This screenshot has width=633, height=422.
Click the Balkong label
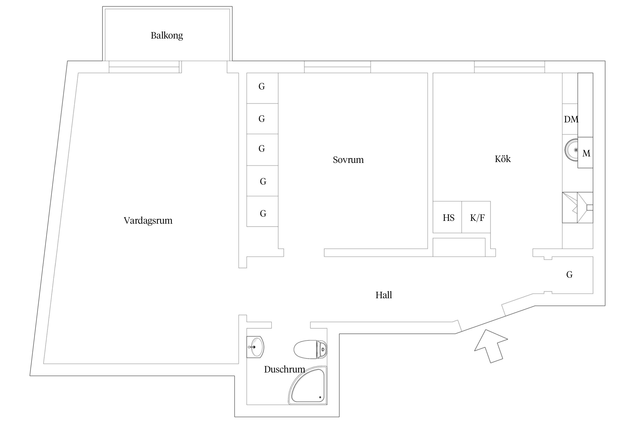click(167, 35)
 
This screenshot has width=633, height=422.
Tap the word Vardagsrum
click(148, 220)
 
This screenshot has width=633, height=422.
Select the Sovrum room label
click(348, 160)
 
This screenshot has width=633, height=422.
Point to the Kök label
click(502, 159)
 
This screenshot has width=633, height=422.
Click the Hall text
click(383, 295)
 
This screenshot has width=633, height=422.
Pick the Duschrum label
click(284, 369)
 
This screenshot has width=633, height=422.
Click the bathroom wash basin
click(255, 347)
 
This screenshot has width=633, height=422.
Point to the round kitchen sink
click(571, 150)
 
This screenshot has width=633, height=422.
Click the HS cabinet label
click(448, 218)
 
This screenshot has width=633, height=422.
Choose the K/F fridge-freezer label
click(477, 218)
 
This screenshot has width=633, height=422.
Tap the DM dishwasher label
click(571, 119)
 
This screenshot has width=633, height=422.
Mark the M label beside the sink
click(586, 153)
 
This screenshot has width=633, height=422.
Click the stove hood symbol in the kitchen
click(578, 208)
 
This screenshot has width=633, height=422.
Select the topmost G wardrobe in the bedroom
click(262, 87)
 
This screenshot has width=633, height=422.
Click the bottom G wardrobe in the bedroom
click(263, 214)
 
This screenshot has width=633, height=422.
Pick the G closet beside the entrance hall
click(569, 275)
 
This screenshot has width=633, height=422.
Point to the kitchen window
click(509, 67)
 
